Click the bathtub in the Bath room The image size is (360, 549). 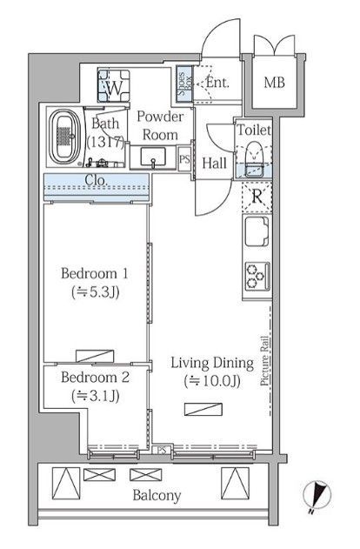[x=64, y=137]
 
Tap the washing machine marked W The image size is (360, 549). [x=113, y=86]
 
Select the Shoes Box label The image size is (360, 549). [x=184, y=84]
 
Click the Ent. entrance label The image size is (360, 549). [x=217, y=83]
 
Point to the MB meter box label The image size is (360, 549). [x=274, y=83]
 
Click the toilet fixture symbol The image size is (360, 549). [x=254, y=158]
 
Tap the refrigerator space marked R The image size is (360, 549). [x=257, y=197]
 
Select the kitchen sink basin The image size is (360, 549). [x=257, y=231]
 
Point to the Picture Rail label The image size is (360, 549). [x=265, y=361]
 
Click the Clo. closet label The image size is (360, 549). [x=96, y=180]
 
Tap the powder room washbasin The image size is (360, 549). [x=153, y=157]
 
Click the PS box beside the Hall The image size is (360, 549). [x=184, y=159]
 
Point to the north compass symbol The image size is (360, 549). [x=317, y=493]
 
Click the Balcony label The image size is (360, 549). [x=157, y=495]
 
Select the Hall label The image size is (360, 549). [x=214, y=164]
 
